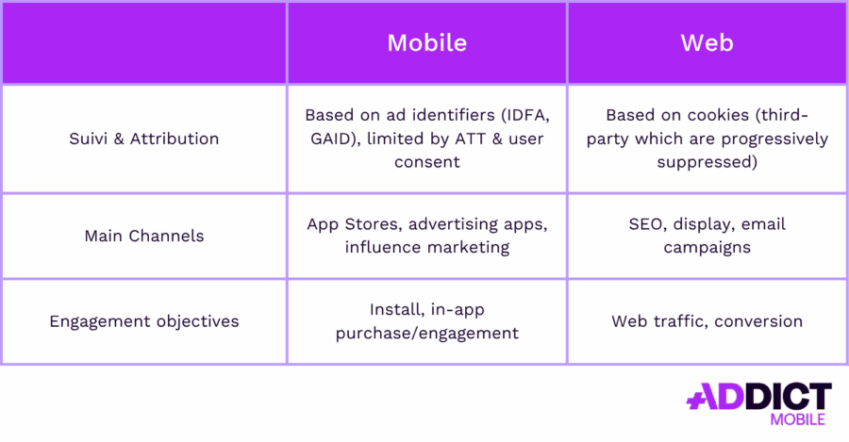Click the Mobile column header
tap(426, 43)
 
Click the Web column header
tap(707, 43)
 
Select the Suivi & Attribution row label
tap(144, 139)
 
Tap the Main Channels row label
tap(144, 236)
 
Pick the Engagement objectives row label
tap(144, 321)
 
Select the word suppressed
tap(707, 162)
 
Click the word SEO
tap(646, 224)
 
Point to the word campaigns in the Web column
tap(707, 248)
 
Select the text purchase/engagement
tap(426, 333)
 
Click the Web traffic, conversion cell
tap(707, 321)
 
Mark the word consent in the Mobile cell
tap(426, 162)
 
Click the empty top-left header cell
tap(144, 43)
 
